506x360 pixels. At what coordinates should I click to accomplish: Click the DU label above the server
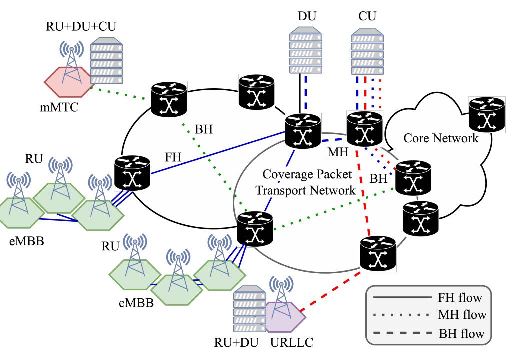[307, 16]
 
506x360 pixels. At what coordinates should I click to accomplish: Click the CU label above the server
[367, 16]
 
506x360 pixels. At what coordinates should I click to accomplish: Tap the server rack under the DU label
[306, 50]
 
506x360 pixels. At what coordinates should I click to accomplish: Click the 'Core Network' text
[441, 138]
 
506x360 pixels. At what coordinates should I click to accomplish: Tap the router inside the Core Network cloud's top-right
[487, 114]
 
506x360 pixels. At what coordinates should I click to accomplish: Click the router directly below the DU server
[303, 131]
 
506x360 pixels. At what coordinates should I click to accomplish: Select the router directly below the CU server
[365, 129]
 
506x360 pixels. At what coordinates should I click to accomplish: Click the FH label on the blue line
[173, 157]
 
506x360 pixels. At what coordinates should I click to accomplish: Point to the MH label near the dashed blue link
[338, 152]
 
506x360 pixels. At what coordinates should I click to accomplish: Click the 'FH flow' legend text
[460, 298]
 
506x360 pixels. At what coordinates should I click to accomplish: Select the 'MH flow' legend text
[462, 315]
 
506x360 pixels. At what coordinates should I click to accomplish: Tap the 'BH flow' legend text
[461, 334]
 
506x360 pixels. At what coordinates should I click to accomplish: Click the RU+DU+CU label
[81, 26]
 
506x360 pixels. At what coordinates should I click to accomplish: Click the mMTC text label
[59, 107]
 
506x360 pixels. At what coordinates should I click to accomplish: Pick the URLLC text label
[292, 342]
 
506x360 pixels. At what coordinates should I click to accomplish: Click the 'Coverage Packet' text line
[307, 174]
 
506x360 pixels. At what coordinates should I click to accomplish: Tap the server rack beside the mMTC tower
[106, 61]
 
